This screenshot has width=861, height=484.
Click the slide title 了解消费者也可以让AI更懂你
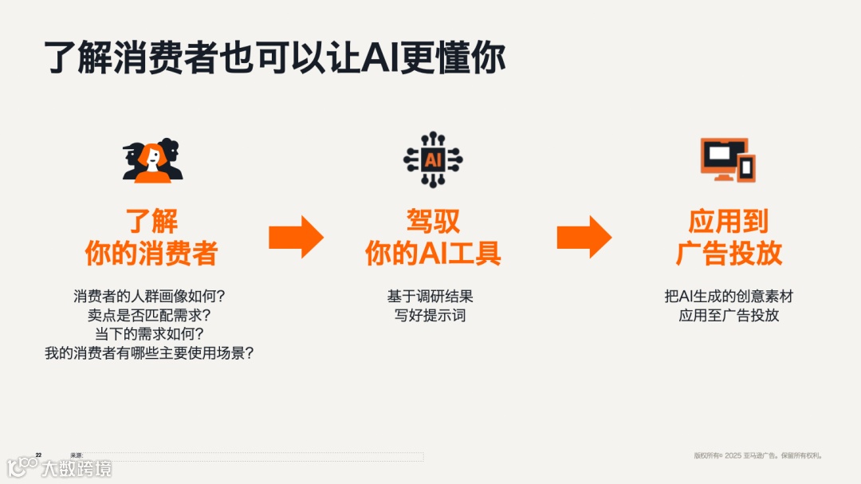coord(274,57)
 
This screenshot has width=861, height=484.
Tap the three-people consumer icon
coord(152,159)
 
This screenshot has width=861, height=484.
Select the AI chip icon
coord(432,159)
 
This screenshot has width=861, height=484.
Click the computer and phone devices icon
coord(727,159)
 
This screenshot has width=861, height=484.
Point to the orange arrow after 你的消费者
coord(296,237)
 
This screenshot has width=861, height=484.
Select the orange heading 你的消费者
coord(151,254)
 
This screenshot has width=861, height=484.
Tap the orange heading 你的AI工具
coord(433,254)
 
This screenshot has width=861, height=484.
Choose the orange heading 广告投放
coord(729,254)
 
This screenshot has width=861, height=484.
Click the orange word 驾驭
coord(433,221)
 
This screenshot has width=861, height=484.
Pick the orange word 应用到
coord(729,221)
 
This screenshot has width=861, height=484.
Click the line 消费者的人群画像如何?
coord(150,297)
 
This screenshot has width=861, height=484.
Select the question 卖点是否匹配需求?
coord(150,316)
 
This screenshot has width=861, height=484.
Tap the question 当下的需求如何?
coord(150,334)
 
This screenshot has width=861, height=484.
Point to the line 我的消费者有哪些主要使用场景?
coord(150,353)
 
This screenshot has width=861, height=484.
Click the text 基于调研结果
coord(431,297)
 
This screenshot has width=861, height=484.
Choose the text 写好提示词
coord(431,316)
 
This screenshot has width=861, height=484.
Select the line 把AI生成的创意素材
coord(729,297)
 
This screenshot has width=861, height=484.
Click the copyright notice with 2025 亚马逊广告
coord(757,456)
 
